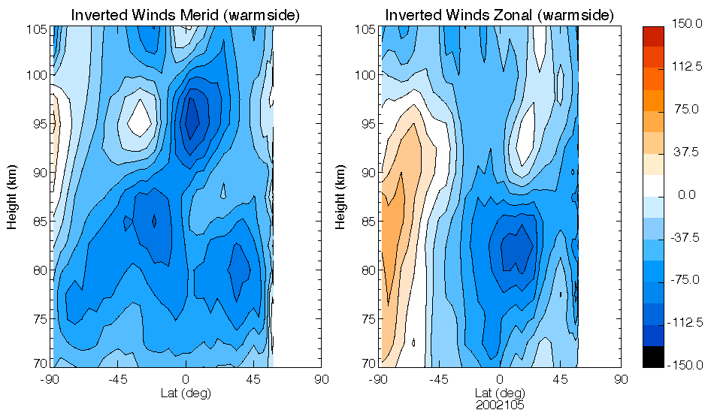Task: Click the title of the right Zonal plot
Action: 499,15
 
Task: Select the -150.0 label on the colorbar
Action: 687,365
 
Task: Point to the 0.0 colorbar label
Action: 687,195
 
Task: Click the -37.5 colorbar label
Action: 687,237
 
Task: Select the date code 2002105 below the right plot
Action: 499,405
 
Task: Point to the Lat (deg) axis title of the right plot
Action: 499,393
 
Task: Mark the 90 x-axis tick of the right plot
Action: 621,379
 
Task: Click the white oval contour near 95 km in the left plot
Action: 139,118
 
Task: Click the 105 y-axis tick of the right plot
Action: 366,29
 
